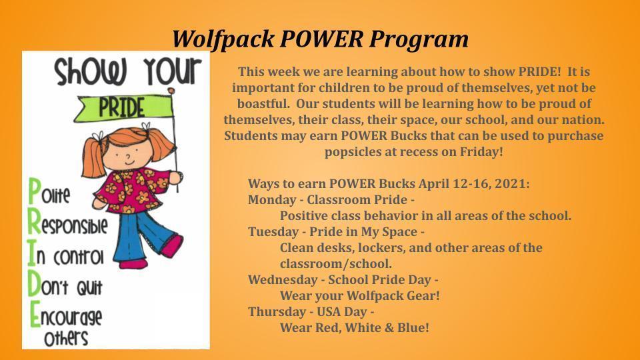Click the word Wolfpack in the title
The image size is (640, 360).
tap(223, 39)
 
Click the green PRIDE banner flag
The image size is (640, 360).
tap(123, 108)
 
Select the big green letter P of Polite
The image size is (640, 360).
tap(35, 192)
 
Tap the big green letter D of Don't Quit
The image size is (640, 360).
tap(35, 284)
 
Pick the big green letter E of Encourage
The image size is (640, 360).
tap(35, 314)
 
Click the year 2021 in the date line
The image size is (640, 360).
tap(512, 184)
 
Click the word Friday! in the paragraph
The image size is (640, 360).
tap(481, 152)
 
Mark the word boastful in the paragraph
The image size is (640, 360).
tap(264, 104)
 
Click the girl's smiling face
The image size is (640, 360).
tap(127, 154)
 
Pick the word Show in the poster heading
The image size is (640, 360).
tap(91, 72)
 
